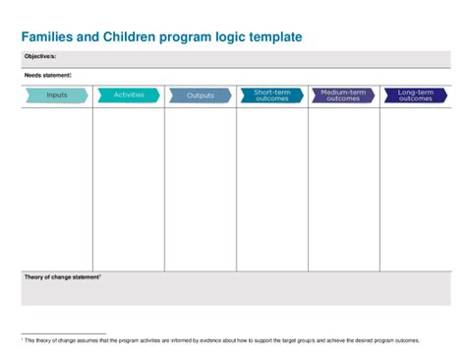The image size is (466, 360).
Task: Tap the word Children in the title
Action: pos(128,36)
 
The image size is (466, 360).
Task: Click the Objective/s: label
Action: pos(40,57)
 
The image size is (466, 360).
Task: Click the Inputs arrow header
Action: pos(56,95)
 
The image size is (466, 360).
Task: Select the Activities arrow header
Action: pos(129,95)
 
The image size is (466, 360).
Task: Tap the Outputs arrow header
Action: pos(201,95)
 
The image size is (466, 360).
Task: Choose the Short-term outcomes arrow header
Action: pos(271,95)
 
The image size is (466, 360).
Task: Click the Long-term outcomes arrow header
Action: pos(415,95)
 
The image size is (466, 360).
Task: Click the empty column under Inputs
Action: pos(56,187)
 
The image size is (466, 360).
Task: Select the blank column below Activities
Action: pos(129,187)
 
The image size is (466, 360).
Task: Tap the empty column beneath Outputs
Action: pos(201,187)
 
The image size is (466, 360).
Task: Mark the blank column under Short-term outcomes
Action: pos(272,187)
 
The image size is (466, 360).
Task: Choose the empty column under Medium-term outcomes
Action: pos(344,187)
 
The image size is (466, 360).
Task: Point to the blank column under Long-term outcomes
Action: pos(415,187)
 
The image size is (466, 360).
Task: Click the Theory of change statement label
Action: pos(62,277)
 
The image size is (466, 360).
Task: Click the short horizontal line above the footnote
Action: pos(63,333)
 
